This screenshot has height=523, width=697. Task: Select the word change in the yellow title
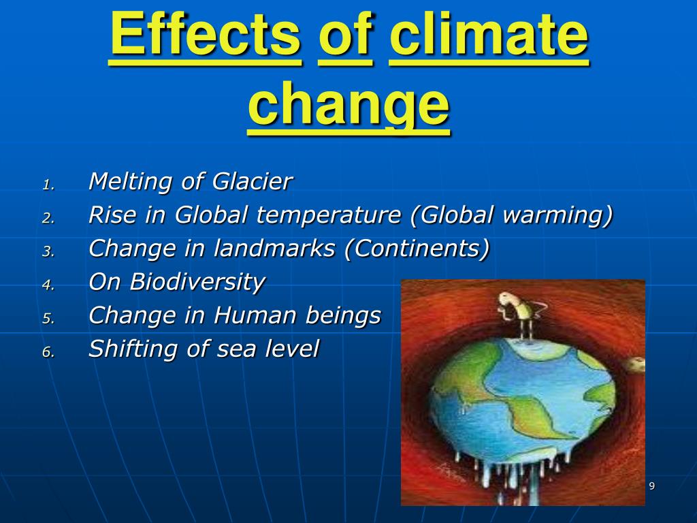click(349, 105)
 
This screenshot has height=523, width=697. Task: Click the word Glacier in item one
click(252, 181)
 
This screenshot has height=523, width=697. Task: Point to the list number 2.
click(48, 218)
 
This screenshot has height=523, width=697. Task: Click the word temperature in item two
click(329, 215)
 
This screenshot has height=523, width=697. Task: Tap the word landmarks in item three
click(274, 248)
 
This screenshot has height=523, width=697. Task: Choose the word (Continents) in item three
click(417, 248)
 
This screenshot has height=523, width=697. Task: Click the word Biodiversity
click(197, 282)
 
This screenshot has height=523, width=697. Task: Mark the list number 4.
click(48, 285)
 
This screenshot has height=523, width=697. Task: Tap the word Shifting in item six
click(133, 349)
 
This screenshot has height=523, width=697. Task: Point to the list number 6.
click(48, 352)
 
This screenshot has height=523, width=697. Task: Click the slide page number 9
click(651, 486)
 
